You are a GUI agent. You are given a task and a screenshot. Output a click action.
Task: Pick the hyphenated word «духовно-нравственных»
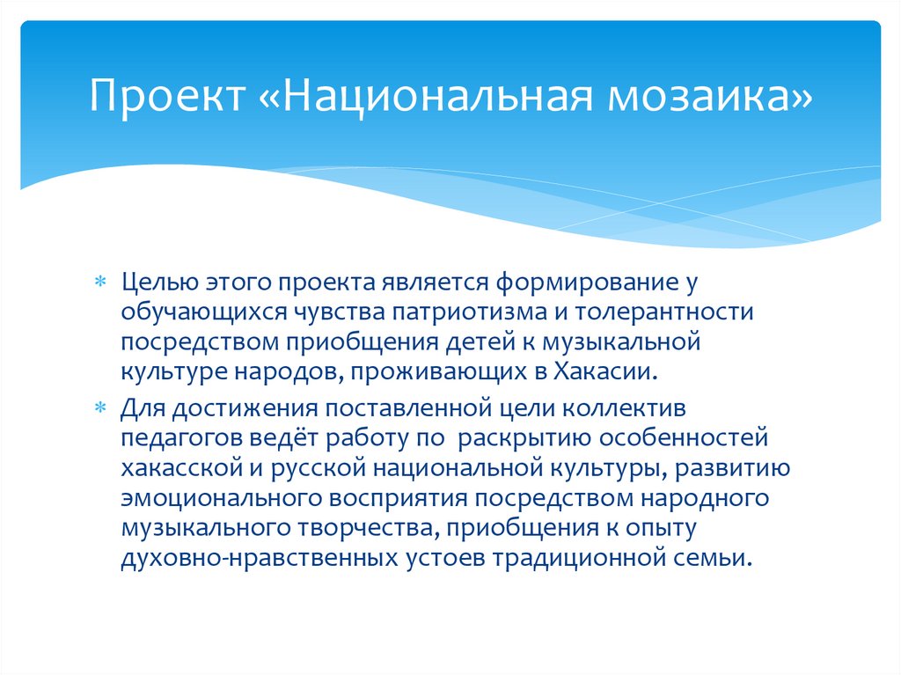tap(260, 559)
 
